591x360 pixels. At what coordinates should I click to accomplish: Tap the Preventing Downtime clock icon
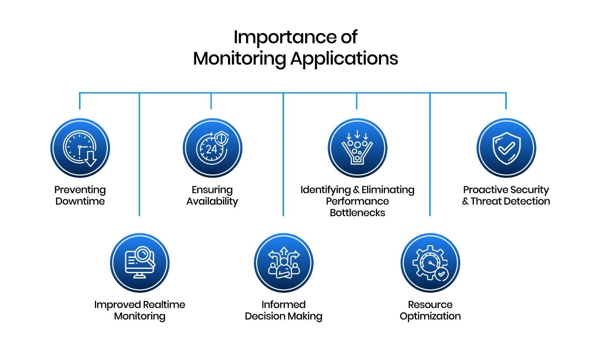[x=80, y=148]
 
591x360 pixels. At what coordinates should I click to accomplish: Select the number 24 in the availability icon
[x=211, y=149]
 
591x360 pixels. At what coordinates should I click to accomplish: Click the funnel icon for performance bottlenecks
[x=357, y=148]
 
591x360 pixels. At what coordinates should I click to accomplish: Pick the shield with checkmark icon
[x=506, y=148]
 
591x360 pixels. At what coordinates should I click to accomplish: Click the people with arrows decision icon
[x=284, y=263]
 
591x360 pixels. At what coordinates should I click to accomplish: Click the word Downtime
[x=80, y=201]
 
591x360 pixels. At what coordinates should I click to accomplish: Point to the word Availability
[x=212, y=201]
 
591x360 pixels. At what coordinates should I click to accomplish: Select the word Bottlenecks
[x=357, y=213]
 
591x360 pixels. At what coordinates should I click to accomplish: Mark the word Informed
[x=283, y=305]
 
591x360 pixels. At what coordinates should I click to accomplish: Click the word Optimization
[x=430, y=316]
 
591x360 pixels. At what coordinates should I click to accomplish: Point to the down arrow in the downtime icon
[x=90, y=159]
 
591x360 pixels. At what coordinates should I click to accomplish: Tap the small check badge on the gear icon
[x=441, y=274]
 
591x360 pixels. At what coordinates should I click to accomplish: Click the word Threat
[x=488, y=201]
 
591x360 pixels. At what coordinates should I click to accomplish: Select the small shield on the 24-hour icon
[x=222, y=139]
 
